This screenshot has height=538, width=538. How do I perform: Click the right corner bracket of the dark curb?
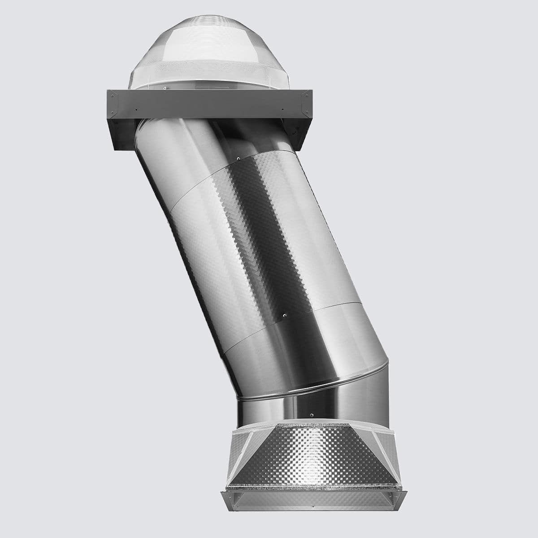pyautogui.click(x=306, y=95)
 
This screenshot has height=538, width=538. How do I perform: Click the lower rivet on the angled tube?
pyautogui.click(x=282, y=315)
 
